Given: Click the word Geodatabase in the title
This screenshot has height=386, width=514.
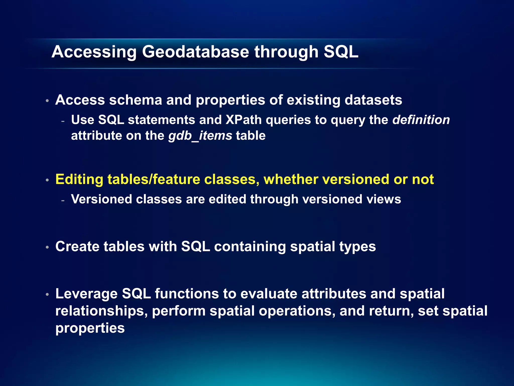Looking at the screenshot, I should [x=196, y=52].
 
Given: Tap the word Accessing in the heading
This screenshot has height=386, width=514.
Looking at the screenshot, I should [x=94, y=52].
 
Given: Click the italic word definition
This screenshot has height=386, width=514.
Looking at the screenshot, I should [x=421, y=120].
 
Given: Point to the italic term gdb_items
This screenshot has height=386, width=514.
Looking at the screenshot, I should [x=200, y=136].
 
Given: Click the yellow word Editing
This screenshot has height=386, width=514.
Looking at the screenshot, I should [x=79, y=179].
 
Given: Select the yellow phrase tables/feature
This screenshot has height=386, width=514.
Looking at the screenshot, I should [x=154, y=179].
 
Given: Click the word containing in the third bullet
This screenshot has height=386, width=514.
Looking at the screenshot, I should [x=250, y=246].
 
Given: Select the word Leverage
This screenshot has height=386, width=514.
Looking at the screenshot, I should [x=86, y=294].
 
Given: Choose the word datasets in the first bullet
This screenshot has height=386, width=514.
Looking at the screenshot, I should [x=373, y=100].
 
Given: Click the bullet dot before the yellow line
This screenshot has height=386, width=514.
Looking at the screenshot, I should [x=47, y=180].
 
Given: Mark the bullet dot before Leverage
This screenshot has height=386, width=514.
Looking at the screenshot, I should [x=47, y=294].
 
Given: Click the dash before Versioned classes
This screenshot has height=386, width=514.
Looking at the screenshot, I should [x=63, y=200].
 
